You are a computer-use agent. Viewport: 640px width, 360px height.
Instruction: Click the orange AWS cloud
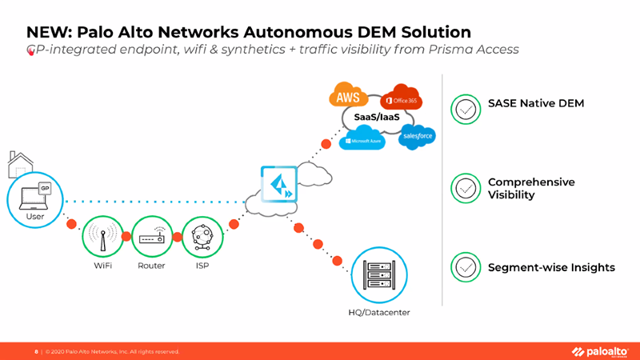tap(348, 98)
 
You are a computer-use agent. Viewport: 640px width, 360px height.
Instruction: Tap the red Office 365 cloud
tap(401, 100)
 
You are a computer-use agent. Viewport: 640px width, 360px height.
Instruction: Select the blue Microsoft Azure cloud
tap(362, 141)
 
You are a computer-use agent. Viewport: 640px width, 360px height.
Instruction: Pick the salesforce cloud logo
tap(418, 136)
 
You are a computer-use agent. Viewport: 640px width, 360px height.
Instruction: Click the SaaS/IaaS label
tap(378, 118)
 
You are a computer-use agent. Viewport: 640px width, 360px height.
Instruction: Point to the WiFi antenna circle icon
tap(103, 238)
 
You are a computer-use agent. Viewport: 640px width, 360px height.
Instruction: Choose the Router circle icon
tap(151, 238)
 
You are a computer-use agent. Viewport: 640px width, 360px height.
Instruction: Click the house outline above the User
tap(20, 164)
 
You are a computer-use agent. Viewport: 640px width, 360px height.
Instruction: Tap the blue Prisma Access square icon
tap(278, 184)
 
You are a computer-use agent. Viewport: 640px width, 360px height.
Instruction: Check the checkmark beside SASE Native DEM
tap(466, 109)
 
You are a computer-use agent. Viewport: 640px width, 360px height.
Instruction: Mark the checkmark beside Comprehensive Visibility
tap(466, 188)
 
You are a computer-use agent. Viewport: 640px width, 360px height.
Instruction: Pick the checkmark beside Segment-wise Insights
tap(466, 267)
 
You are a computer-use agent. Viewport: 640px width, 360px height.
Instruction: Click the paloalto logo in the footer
tap(599, 351)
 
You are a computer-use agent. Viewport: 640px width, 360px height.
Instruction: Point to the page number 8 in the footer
tap(36, 351)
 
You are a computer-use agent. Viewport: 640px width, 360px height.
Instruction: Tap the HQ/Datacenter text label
tap(378, 312)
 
